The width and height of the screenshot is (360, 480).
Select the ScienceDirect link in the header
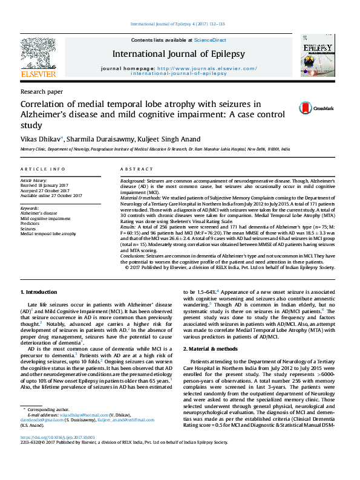[x=210, y=40]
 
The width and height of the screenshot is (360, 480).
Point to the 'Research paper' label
[x=41, y=92]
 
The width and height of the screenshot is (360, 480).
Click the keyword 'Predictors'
[x=31, y=224]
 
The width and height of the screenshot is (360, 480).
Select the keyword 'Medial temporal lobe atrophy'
[x=48, y=233]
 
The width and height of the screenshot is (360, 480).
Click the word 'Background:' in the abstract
[x=133, y=181]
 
